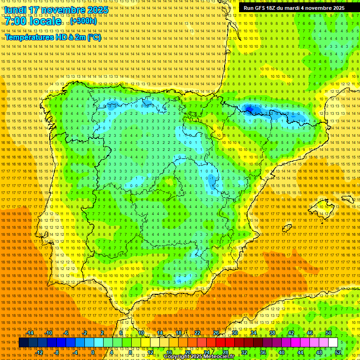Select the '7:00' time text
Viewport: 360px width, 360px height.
(x=16, y=21)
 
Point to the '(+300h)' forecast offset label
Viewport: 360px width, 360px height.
(x=83, y=21)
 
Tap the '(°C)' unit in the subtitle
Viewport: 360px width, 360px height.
(x=94, y=37)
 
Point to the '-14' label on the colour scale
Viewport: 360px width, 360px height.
(x=30, y=333)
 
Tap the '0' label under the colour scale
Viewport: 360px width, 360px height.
(x=93, y=352)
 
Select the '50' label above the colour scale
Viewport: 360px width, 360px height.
(x=329, y=333)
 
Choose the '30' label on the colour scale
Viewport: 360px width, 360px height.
(x=234, y=333)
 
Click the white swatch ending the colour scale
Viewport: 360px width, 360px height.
(x=333, y=343)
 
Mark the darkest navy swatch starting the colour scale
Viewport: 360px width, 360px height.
(x=23, y=343)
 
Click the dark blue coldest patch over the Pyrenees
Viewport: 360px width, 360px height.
(x=249, y=110)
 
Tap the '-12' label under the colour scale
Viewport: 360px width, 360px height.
(x=39, y=352)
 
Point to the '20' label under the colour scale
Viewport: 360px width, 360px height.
(x=187, y=352)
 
